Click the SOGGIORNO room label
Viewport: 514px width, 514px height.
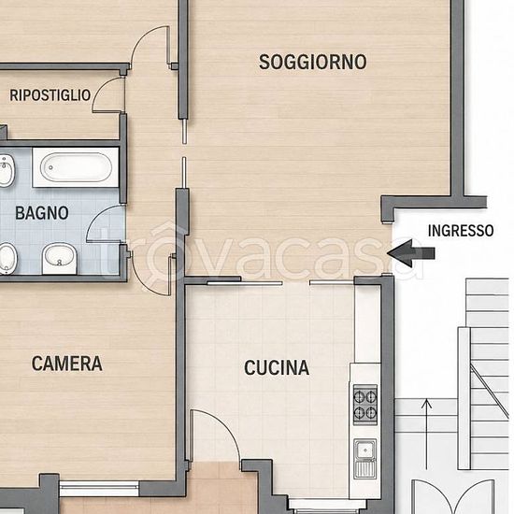pyautogui.click(x=313, y=62)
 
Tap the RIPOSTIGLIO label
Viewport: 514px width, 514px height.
pyautogui.click(x=50, y=95)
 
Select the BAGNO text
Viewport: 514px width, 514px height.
pyautogui.click(x=42, y=213)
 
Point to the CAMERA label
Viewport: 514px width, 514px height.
pyautogui.click(x=67, y=364)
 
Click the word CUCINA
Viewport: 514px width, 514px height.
pyautogui.click(x=277, y=367)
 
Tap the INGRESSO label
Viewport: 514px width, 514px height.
pyautogui.click(x=461, y=231)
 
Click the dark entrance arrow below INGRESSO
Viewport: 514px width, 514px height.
pyautogui.click(x=411, y=253)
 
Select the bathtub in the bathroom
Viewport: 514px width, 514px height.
pyautogui.click(x=76, y=167)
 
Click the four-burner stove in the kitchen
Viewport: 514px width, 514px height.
pyautogui.click(x=365, y=405)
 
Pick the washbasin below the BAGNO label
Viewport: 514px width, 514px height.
pyautogui.click(x=59, y=258)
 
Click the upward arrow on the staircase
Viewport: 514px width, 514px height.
pyautogui.click(x=426, y=434)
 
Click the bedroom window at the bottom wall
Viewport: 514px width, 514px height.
pyautogui.click(x=99, y=489)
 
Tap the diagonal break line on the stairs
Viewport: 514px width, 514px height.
pyautogui.click(x=490, y=391)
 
